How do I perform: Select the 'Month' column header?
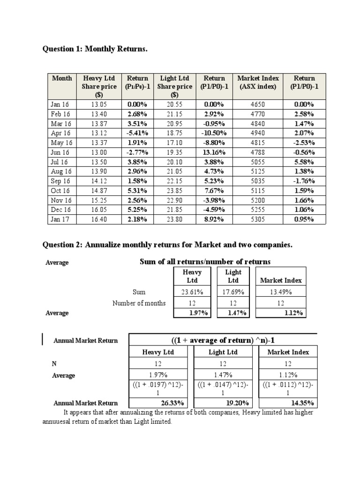coord(62,78)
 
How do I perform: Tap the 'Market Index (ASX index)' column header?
coord(258,82)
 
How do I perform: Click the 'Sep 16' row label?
coord(60,181)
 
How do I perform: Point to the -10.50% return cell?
coord(214,133)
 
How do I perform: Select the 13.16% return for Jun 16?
coord(214,152)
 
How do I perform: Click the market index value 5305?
coord(258,219)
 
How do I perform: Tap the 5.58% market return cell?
coord(304,162)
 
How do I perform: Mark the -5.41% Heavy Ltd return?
coord(137,133)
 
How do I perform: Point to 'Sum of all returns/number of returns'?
coord(205,262)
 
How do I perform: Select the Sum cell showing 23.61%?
coord(192,292)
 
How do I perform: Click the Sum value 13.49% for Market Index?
coord(280,292)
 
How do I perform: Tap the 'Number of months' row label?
coord(139,303)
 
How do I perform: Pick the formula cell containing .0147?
coord(222,389)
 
